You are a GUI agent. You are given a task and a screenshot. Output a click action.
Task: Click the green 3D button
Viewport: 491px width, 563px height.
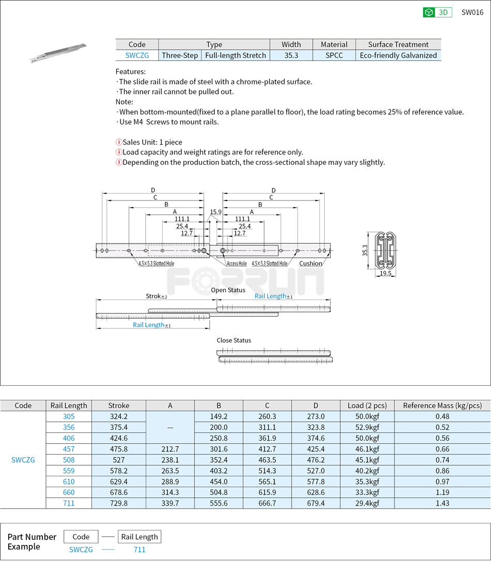click(x=437, y=12)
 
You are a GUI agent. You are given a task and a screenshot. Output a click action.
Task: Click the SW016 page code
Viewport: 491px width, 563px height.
click(x=472, y=12)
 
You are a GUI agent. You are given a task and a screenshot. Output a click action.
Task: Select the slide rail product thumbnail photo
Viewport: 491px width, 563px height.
click(x=58, y=53)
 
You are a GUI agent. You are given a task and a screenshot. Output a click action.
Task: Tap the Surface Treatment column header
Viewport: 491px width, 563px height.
click(x=398, y=44)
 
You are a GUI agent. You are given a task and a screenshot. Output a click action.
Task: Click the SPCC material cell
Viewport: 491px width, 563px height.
click(x=334, y=55)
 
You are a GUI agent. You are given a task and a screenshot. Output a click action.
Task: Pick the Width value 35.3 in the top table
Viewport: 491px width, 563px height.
click(x=291, y=55)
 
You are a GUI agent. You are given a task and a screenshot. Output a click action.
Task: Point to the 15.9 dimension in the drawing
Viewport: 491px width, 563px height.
click(x=216, y=212)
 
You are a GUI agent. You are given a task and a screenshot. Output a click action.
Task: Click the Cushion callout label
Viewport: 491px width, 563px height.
click(x=311, y=263)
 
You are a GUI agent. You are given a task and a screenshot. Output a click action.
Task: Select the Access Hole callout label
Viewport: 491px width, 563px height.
click(x=236, y=263)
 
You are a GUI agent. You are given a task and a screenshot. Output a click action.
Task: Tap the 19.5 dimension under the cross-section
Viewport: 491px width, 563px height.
click(x=386, y=273)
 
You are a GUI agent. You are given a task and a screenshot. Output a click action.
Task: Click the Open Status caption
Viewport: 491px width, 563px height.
click(x=228, y=290)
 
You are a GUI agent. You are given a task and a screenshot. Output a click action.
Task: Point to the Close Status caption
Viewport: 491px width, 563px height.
click(x=234, y=340)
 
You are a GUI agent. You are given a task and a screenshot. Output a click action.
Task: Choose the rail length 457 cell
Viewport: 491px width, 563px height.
click(x=69, y=449)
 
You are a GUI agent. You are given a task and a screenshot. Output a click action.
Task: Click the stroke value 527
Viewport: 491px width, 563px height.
click(x=118, y=460)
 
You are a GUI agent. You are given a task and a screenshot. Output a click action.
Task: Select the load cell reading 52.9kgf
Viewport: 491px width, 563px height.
click(x=367, y=427)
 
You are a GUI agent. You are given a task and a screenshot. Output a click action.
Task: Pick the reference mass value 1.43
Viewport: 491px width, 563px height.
click(x=442, y=503)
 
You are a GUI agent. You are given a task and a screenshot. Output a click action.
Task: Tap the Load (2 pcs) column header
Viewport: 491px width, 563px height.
click(x=367, y=405)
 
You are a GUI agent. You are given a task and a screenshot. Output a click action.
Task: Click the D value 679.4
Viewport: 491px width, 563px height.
click(x=315, y=503)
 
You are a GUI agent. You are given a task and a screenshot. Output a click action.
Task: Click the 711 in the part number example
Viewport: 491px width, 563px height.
click(x=140, y=550)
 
